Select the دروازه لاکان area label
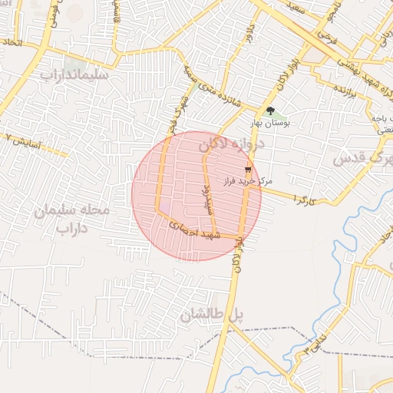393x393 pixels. [x=230, y=144]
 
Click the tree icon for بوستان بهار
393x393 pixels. [x=270, y=111]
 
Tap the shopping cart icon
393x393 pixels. [x=248, y=170]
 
